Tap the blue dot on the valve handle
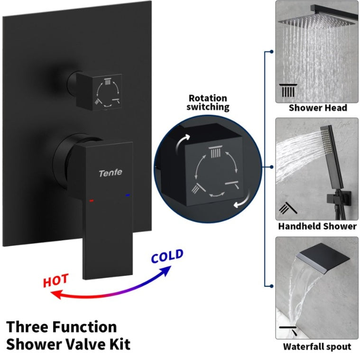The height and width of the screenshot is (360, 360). coord(127,194)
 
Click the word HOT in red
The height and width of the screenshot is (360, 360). coord(56,281)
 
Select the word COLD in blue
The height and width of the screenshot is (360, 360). coord(167,257)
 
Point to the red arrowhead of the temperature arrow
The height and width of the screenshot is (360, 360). coord(55,295)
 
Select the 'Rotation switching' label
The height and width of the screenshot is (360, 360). coord(208,102)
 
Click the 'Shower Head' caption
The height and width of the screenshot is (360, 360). coord(318,108)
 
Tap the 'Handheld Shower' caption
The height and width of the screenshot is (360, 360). coord(317,226)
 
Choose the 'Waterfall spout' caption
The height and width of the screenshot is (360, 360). coord(317,346)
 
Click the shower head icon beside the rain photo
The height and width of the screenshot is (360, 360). coord(287,90)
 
